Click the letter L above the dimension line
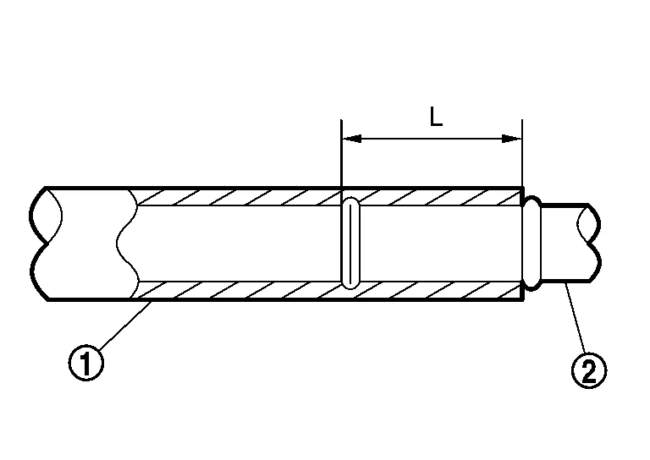point(436,118)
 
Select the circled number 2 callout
point(590,370)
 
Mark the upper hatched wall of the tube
point(254,197)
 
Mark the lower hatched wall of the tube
point(254,291)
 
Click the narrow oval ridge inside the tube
point(350,244)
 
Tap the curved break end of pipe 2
point(591,244)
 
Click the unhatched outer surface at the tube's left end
point(85,244)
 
